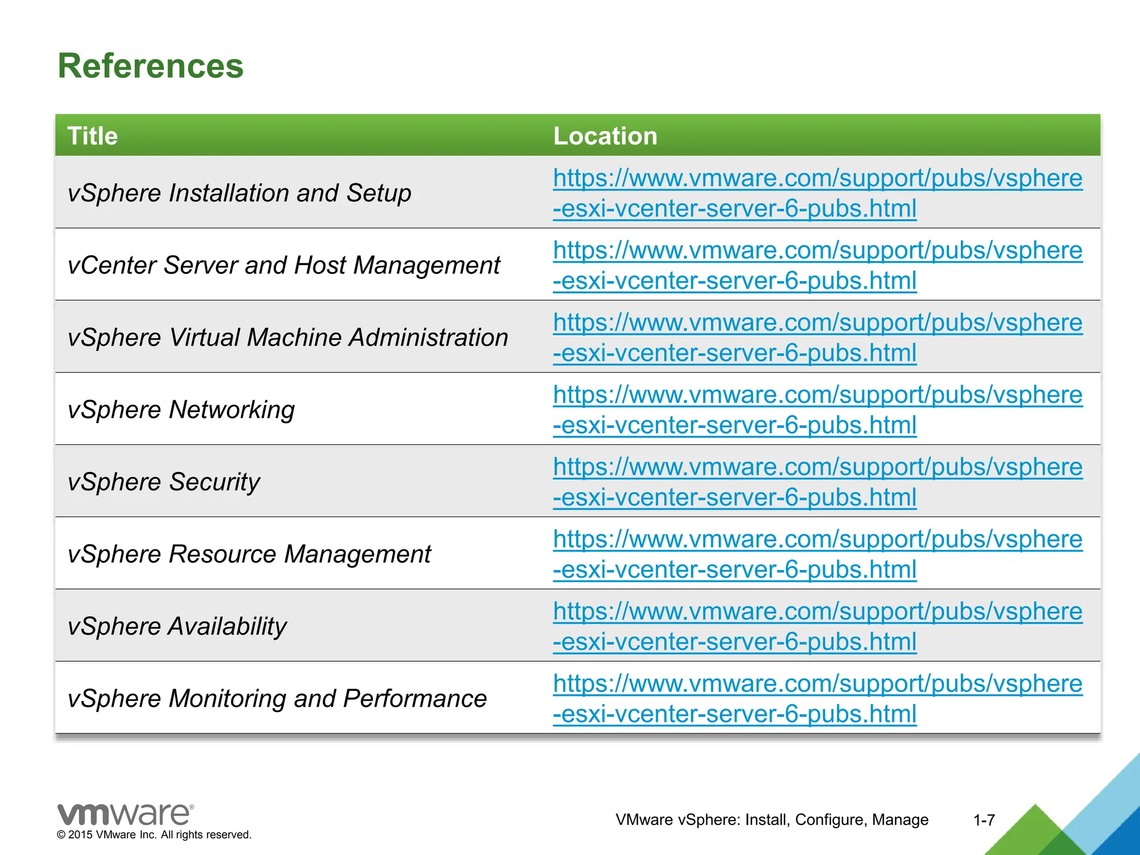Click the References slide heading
pos(150,66)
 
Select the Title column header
pos(92,136)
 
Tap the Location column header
pos(605,136)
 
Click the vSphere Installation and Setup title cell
pos(239,193)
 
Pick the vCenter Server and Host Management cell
pos(284,265)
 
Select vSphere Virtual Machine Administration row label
pos(288,337)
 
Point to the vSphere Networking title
pos(181,410)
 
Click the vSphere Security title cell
pos(164,481)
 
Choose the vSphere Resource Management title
pos(249,554)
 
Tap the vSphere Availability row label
pos(177,626)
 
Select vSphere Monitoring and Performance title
pos(277,699)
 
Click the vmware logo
pos(126,814)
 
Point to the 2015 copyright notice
pos(154,835)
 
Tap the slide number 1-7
pos(984,820)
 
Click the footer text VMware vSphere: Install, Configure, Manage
pos(772,820)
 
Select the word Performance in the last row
pos(415,699)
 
